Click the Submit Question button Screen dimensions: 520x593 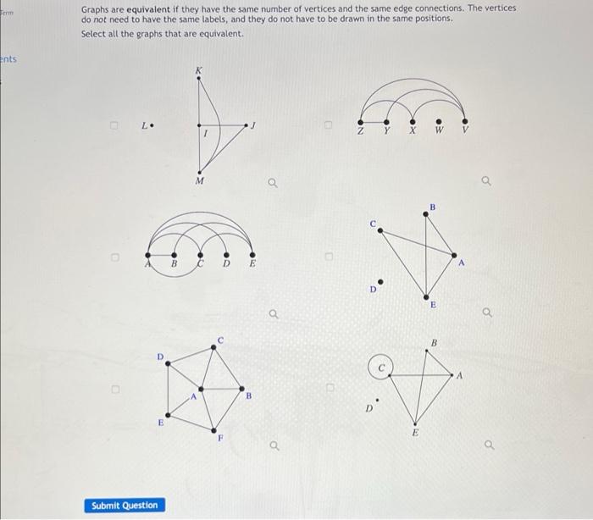(x=125, y=506)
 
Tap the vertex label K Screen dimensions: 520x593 (x=199, y=69)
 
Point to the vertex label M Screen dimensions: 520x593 (x=199, y=181)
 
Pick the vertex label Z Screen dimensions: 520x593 (x=361, y=131)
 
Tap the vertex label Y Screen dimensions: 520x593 (x=387, y=131)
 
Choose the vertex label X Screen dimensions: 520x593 (x=413, y=131)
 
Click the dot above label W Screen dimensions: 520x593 (x=439, y=120)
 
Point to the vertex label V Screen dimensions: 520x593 (x=465, y=131)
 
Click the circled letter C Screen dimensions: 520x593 (x=381, y=369)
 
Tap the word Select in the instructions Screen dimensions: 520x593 (x=93, y=33)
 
